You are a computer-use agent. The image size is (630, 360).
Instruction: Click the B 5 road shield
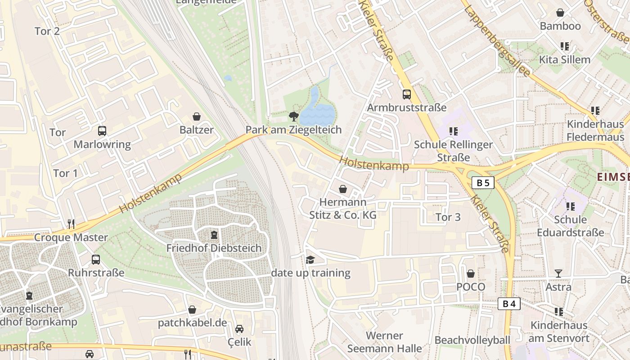pyautogui.click(x=483, y=183)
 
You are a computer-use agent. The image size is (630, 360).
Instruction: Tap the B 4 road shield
pyautogui.click(x=509, y=304)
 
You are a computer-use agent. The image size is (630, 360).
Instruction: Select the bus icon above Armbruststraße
pyautogui.click(x=407, y=94)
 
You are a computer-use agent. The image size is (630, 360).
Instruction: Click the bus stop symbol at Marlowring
pyautogui.click(x=102, y=131)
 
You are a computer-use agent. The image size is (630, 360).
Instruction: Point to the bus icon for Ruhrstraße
pyautogui.click(x=96, y=259)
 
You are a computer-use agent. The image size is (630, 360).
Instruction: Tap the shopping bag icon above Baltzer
pyautogui.click(x=197, y=117)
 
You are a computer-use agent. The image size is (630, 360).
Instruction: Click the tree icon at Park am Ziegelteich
pyautogui.click(x=294, y=117)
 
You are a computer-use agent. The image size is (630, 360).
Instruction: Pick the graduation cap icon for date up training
pyautogui.click(x=310, y=260)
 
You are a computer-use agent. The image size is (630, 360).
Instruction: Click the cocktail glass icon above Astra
pyautogui.click(x=558, y=273)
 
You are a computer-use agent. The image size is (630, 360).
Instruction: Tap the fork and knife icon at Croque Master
pyautogui.click(x=71, y=224)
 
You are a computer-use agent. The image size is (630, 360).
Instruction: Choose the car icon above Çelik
pyautogui.click(x=239, y=329)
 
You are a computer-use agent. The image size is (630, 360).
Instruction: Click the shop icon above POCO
pyautogui.click(x=471, y=273)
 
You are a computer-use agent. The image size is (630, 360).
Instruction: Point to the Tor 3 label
pyautogui.click(x=448, y=217)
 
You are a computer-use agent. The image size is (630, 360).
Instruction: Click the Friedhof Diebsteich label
pyautogui.click(x=214, y=248)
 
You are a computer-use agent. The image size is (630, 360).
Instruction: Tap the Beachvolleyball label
pyautogui.click(x=472, y=340)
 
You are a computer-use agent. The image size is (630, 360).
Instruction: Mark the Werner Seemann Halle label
pyautogui.click(x=384, y=342)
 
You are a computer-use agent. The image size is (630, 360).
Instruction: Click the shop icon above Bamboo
pyautogui.click(x=560, y=13)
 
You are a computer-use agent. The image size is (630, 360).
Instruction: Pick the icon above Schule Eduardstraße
pyautogui.click(x=571, y=206)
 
